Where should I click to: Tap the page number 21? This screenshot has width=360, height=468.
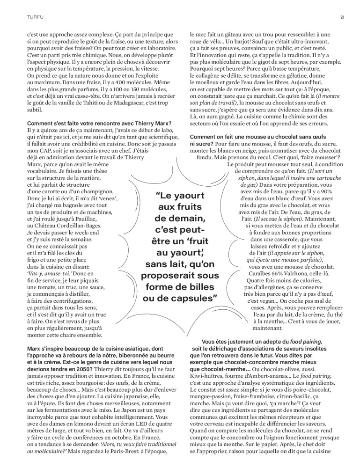342,18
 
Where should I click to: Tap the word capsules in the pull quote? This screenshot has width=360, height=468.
196,299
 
